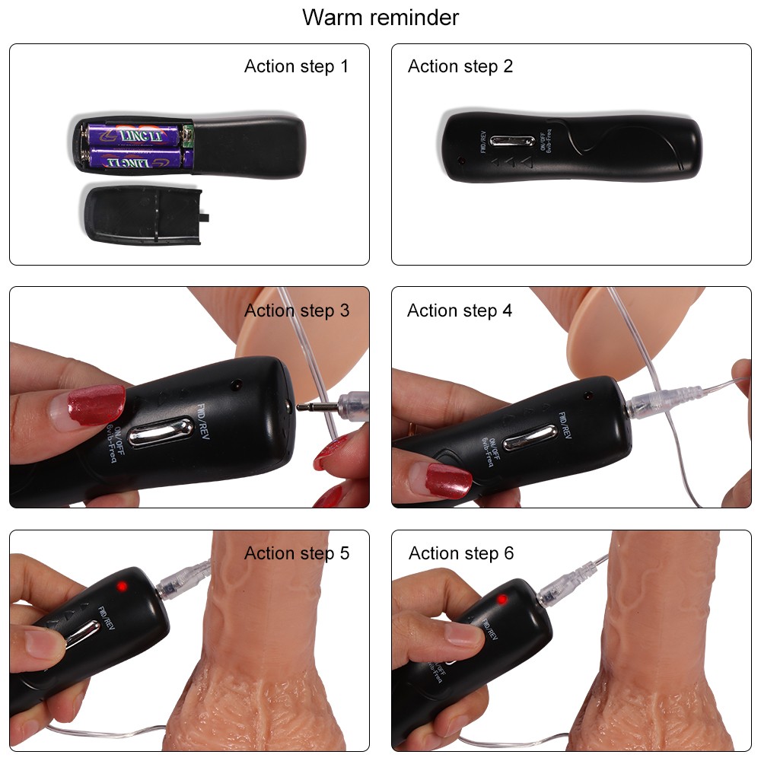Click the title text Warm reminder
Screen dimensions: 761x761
(x=380, y=17)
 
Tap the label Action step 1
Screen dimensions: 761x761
(x=296, y=66)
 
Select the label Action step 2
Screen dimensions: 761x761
(x=460, y=66)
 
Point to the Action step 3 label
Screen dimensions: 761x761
(x=297, y=310)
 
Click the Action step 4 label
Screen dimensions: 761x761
(x=460, y=310)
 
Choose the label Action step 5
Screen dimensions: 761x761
(x=297, y=553)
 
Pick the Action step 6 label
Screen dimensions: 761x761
(x=461, y=553)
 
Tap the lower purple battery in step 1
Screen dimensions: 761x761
(x=135, y=160)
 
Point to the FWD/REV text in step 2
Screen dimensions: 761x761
(x=482, y=142)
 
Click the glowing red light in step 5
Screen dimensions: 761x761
(x=121, y=586)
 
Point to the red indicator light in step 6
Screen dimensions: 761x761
(x=501, y=600)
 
